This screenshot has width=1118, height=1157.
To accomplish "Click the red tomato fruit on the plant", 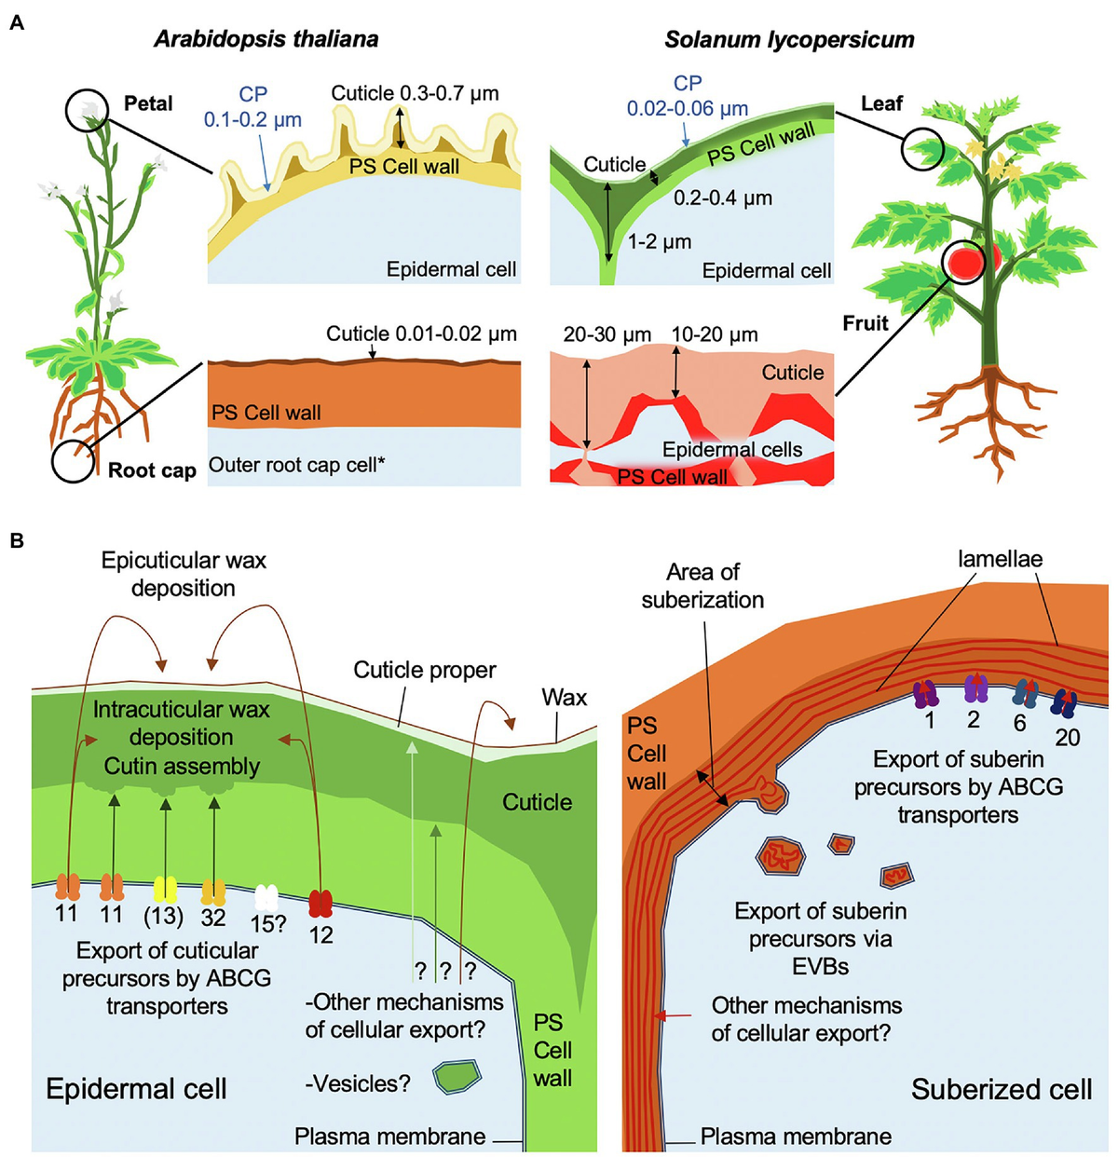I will coord(974,261).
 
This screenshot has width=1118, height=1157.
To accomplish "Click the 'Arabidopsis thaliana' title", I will coord(266,39).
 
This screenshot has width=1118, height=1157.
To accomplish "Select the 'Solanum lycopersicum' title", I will coord(789,39).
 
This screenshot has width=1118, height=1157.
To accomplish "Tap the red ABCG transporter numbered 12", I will coord(320,903).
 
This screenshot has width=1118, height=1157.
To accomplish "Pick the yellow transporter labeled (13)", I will coord(165,889).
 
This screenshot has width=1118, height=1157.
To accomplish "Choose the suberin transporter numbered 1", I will coord(928,692).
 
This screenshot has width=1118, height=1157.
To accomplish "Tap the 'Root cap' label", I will coord(152,470).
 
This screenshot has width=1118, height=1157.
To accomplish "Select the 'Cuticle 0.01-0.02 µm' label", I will coord(421,334).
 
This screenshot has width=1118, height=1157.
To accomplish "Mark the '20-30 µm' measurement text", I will coord(607,335).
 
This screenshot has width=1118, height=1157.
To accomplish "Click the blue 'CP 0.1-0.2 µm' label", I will coord(252,107).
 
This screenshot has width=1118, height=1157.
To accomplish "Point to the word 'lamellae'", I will coord(1000,559).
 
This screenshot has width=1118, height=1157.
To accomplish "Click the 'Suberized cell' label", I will coord(1001,1089).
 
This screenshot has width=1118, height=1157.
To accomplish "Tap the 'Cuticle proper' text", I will coord(425,670).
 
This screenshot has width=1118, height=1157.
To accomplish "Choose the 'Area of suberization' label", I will coord(702,586).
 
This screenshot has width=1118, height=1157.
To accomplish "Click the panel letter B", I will coord(16,540).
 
